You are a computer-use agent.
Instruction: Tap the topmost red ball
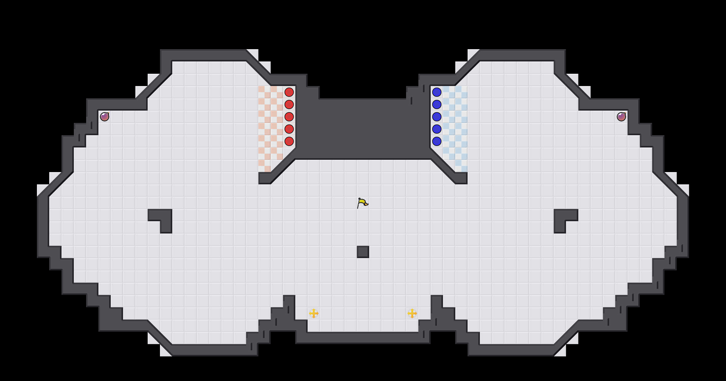289,92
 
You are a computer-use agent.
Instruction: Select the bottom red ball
289,141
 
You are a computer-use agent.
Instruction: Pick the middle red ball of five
289,117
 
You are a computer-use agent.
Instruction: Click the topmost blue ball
437,92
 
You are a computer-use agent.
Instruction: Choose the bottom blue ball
437,141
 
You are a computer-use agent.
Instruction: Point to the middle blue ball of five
437,117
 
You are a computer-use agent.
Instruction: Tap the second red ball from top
289,104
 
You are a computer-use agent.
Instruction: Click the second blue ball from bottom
437,129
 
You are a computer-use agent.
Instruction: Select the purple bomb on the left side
105,117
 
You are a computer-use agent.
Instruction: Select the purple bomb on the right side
621,117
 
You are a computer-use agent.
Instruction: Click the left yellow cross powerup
313,313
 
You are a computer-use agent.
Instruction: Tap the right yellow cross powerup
412,313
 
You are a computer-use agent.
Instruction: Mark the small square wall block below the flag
363,252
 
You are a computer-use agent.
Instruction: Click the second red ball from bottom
289,129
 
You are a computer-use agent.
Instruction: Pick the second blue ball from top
437,104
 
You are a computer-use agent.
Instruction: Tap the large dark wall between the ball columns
363,129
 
